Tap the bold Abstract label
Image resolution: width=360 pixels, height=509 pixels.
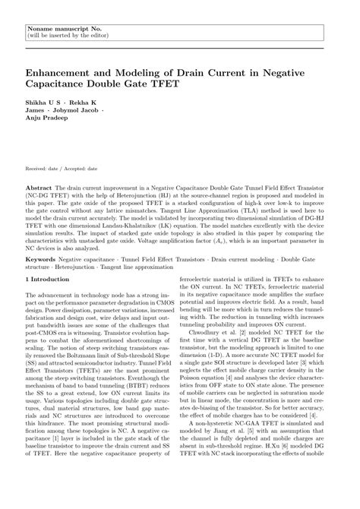pos(39,185)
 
